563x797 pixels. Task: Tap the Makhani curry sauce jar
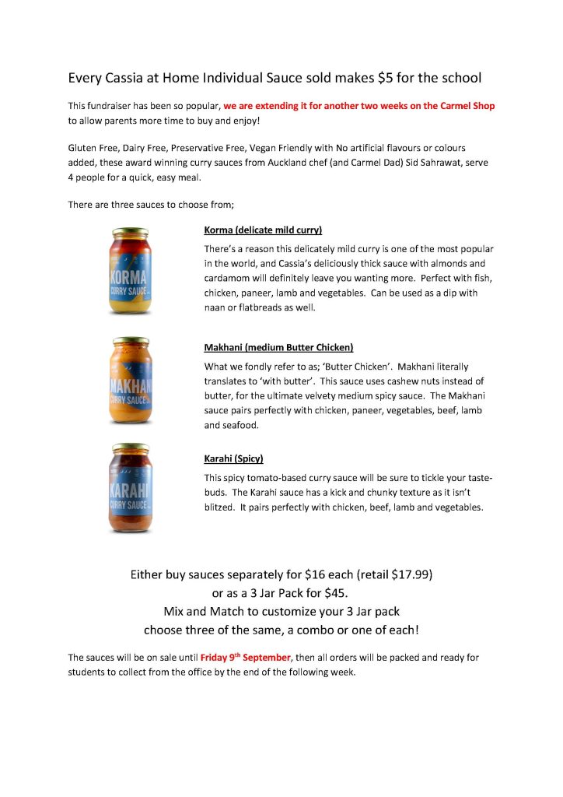click(x=131, y=383)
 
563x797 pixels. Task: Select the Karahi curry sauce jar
click(x=131, y=489)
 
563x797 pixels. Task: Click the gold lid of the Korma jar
click(x=131, y=232)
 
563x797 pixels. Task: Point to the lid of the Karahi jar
click(x=131, y=448)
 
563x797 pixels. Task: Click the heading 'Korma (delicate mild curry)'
click(x=263, y=230)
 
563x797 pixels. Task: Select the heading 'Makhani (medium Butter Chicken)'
click(x=278, y=347)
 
